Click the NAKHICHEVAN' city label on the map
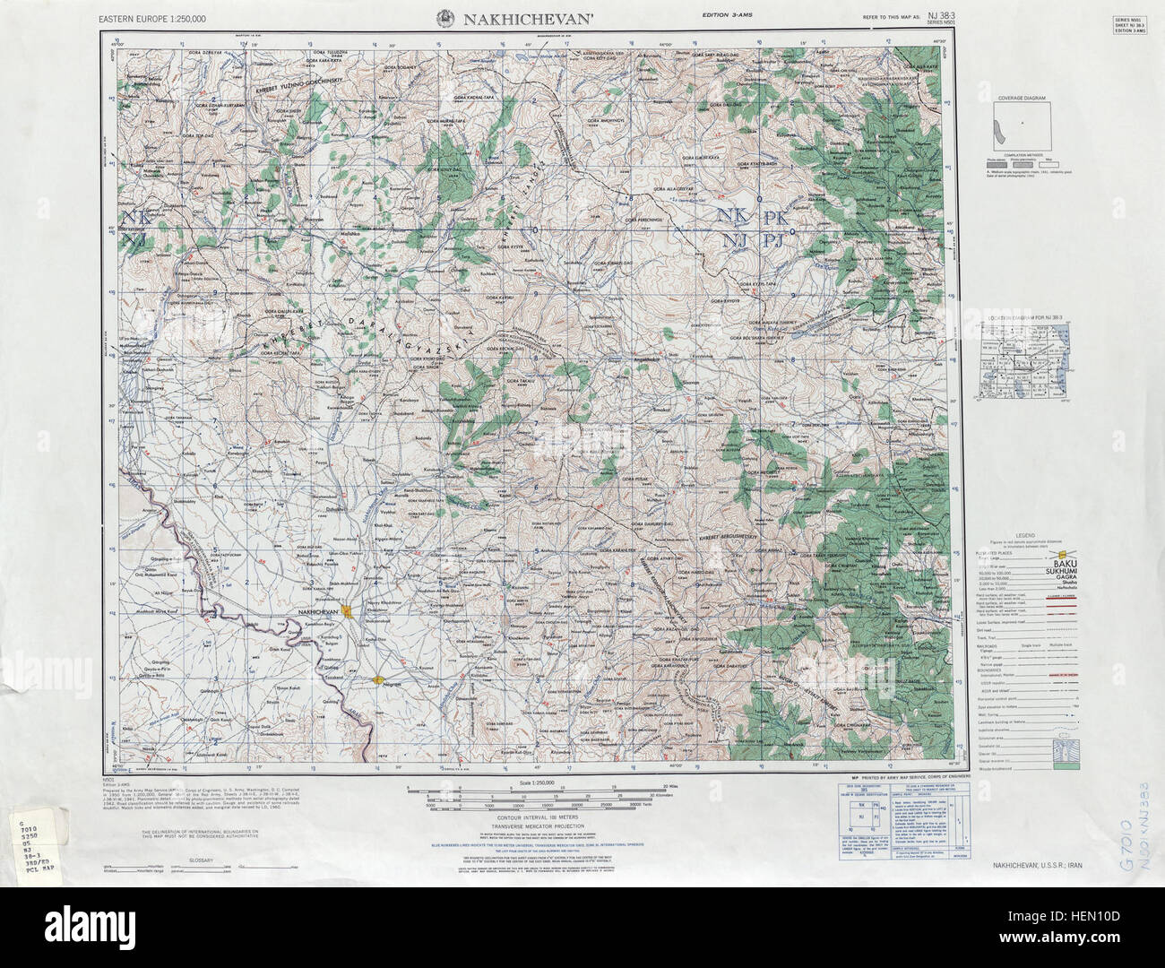click(318, 612)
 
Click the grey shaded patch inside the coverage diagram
click(995, 135)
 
